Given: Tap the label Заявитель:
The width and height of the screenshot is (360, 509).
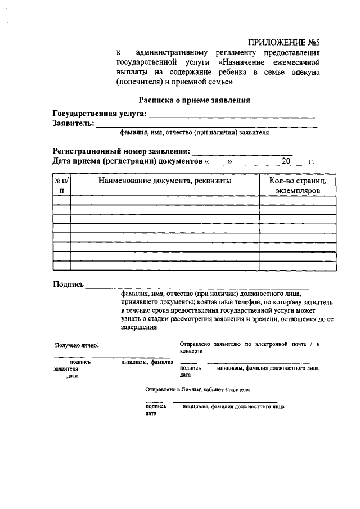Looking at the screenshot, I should point(73,124).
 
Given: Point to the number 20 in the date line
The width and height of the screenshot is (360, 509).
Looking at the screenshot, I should point(286,161).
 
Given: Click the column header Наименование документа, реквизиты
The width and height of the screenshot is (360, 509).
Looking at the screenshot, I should point(165,181).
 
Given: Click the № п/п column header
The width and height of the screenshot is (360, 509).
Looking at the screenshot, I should point(61,186).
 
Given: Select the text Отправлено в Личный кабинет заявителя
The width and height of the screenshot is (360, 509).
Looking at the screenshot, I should point(197,389).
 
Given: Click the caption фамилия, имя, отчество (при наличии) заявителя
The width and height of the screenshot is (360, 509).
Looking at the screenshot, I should point(194,134).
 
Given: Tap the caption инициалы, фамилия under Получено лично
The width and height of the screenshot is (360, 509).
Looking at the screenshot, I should point(147,363).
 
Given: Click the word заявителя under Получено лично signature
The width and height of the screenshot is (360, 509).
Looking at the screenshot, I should point(66,370).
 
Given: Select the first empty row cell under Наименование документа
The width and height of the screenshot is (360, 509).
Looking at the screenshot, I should point(165,200).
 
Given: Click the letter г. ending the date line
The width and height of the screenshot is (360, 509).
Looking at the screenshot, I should point(311,162).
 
